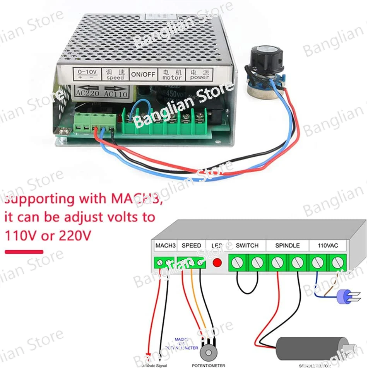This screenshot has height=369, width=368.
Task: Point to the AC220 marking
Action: coord(87,93)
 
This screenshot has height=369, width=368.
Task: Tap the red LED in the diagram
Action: coord(217,263)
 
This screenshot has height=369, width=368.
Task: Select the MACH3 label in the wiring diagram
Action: coord(165,246)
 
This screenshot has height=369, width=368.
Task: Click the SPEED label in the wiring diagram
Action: coord(191,246)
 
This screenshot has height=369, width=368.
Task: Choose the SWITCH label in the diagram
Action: coord(247,245)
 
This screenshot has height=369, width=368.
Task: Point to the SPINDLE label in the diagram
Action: coord(287,245)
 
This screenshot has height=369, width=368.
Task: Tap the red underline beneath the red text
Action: coord(24,252)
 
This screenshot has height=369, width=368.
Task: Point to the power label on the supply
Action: coord(199,74)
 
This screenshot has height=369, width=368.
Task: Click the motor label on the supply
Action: coord(172,75)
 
